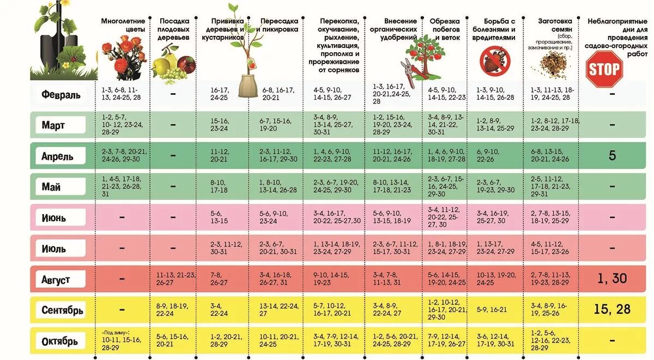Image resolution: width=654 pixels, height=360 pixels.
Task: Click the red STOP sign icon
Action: pos(604,69)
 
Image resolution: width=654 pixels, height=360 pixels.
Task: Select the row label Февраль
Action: pos(61,94)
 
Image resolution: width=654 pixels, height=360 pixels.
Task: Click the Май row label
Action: pos(51,187)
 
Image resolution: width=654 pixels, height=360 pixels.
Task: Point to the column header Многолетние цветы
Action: pos(123,25)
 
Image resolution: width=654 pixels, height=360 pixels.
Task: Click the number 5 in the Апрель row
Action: pos(612,156)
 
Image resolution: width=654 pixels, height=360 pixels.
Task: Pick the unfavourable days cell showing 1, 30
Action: pos(611,279)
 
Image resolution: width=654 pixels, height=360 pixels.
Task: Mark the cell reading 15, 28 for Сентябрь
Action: pos(611,309)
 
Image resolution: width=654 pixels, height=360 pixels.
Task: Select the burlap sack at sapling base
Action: pos(248,86)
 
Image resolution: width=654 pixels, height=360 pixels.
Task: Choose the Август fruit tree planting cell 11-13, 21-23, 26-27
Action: pos(175,279)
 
